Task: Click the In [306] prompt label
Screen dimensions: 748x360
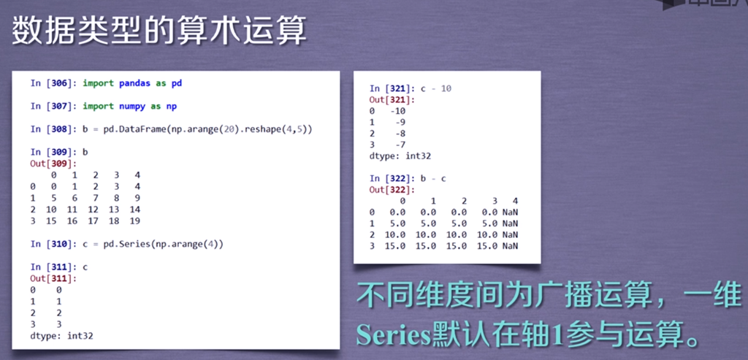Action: [x=53, y=83]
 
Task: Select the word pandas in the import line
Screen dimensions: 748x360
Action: [x=135, y=83]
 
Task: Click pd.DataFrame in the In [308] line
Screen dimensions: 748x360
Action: [x=133, y=129]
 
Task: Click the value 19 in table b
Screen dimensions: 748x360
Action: [x=134, y=221]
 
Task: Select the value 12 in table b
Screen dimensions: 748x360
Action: [x=93, y=210]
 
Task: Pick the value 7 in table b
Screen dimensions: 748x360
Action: [x=96, y=198]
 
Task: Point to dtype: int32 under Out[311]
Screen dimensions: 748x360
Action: [x=61, y=336]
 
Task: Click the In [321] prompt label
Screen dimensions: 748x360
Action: [x=392, y=88]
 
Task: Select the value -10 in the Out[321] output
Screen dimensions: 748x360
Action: [x=397, y=111]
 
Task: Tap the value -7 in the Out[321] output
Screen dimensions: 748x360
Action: [x=400, y=145]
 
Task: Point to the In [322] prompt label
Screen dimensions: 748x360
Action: [x=392, y=178]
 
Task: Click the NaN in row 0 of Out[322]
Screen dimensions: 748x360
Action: [x=510, y=212]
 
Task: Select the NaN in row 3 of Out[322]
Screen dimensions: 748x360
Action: [x=510, y=246]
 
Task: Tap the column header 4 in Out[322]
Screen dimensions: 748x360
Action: [x=515, y=202]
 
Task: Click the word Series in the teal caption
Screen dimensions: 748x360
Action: [x=393, y=334]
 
